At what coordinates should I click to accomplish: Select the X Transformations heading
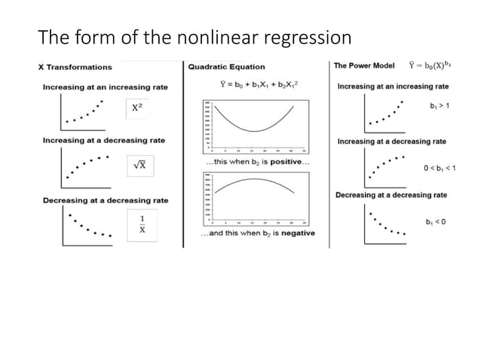coord(75,67)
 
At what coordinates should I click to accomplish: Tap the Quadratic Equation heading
coord(223,66)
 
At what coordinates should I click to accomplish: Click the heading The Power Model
coord(363,66)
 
